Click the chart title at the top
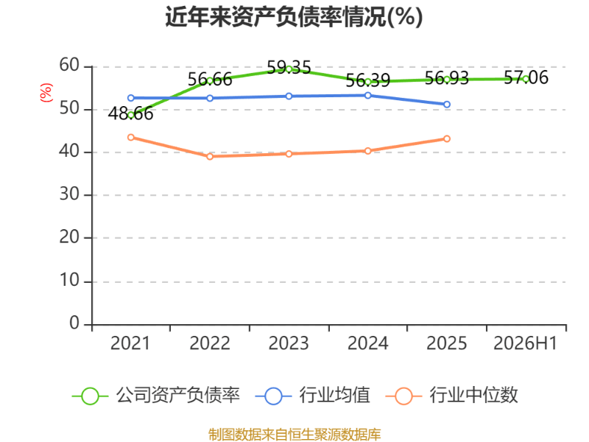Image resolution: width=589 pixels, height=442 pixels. click(294, 17)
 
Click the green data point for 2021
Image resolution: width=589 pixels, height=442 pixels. click(131, 116)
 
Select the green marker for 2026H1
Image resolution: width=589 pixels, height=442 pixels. click(526, 79)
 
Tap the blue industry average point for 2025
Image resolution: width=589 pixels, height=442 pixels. click(447, 105)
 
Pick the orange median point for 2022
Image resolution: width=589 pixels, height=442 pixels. click(210, 156)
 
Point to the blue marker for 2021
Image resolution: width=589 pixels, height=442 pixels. click(131, 98)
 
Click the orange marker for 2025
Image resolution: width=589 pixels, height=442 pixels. click(447, 138)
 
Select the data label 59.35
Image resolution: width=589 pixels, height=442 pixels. click(289, 68)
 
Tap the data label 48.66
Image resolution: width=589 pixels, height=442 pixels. click(131, 113)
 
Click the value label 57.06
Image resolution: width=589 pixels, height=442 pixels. click(526, 77)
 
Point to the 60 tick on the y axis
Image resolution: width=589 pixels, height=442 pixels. click(69, 66)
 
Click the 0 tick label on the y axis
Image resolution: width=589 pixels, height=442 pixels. click(74, 323)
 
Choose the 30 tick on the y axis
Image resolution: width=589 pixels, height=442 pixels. click(69, 194)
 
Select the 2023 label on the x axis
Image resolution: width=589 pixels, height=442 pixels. click(289, 343)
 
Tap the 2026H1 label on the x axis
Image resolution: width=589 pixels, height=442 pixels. click(526, 343)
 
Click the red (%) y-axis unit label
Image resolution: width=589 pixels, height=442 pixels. click(46, 93)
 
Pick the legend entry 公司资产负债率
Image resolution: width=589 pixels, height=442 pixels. click(156, 396)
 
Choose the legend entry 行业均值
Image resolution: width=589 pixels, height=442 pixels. click(312, 396)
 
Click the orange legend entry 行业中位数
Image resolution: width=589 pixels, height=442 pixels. click(452, 396)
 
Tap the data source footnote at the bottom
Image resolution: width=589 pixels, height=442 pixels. click(294, 435)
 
